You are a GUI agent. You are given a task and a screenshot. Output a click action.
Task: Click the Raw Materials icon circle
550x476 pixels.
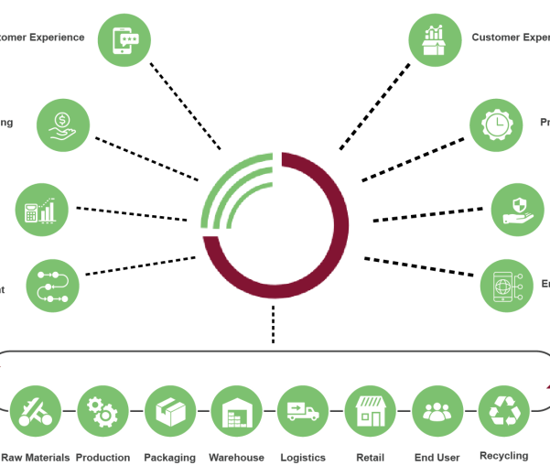[36, 411]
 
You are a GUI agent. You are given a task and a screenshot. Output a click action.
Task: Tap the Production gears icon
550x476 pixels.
[102, 411]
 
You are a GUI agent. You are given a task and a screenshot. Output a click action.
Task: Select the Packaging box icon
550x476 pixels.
[170, 411]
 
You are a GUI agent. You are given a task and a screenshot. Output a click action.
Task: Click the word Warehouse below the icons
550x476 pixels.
[236, 457]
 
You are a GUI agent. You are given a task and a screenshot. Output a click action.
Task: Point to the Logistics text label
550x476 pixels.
[303, 457]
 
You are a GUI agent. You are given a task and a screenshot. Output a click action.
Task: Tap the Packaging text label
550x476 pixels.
[170, 457]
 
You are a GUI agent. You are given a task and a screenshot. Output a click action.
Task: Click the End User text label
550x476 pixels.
[437, 457]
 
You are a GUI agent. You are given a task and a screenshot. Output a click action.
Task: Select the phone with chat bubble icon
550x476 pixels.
[124, 39]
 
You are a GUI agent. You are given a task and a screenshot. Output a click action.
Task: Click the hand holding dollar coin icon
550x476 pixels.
[63, 124]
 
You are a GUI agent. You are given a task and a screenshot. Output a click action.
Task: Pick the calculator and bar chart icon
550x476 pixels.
[41, 210]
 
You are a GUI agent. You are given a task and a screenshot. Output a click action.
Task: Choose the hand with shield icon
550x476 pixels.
[517, 210]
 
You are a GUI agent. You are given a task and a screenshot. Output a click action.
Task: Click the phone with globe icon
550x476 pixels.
[506, 285]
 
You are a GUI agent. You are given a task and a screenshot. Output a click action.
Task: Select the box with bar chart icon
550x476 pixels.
[435, 39]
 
